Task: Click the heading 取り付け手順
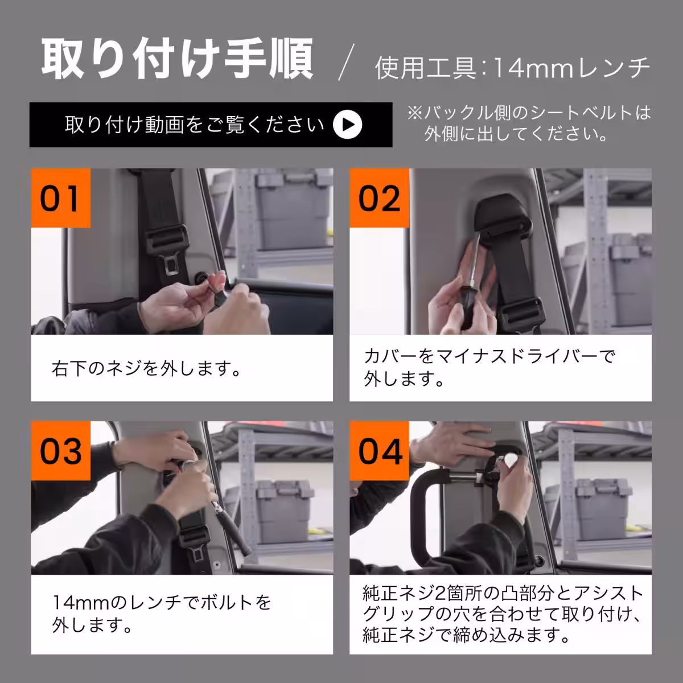click(177, 59)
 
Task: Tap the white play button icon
click(347, 125)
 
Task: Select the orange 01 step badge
click(60, 198)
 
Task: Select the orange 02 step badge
click(379, 198)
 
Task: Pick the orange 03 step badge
click(60, 451)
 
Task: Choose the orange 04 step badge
click(379, 451)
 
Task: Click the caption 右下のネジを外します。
click(147, 369)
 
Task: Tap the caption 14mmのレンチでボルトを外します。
click(162, 614)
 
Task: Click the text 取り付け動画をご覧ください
click(194, 125)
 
